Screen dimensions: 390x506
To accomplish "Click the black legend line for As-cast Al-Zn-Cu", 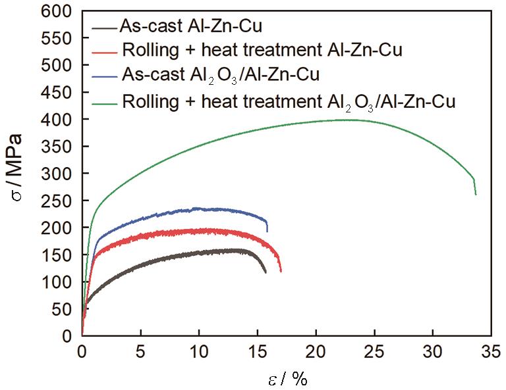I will tap(105, 29).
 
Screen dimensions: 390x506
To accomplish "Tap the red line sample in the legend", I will tap(105, 50).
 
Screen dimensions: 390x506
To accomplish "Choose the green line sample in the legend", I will tap(105, 101).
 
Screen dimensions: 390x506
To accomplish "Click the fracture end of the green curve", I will tap(475, 193).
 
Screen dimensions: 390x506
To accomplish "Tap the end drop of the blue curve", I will tap(267, 230).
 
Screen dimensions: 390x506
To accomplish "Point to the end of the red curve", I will tap(281, 270).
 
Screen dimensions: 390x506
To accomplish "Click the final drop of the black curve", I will tap(265, 272).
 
